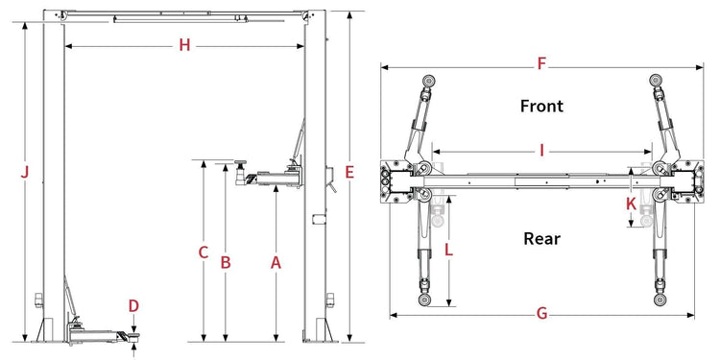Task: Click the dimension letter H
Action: [x=184, y=45]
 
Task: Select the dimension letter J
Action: [x=25, y=173]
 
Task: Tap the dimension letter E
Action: [x=349, y=173]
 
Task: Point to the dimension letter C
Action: [x=204, y=252]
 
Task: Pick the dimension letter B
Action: [x=226, y=263]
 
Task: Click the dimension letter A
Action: [x=276, y=263]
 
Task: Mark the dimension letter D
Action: [x=133, y=306]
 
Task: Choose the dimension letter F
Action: [x=541, y=63]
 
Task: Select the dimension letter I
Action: [x=541, y=150]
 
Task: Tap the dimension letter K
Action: [x=632, y=204]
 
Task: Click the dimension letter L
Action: [x=449, y=251]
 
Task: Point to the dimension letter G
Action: [x=541, y=314]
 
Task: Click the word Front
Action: [x=541, y=106]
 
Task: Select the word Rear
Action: [x=541, y=239]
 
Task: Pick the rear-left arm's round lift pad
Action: [x=424, y=300]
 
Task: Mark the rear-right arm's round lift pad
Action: [x=660, y=300]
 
